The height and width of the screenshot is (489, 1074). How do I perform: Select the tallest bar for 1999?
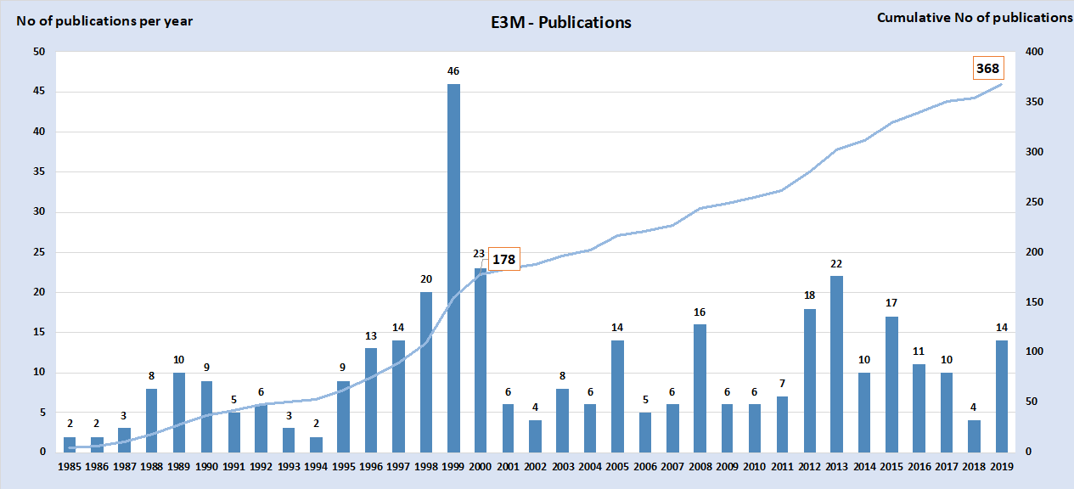click(x=453, y=267)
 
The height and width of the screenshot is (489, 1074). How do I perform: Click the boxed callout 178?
click(x=503, y=259)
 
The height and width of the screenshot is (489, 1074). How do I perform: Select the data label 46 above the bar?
click(x=453, y=70)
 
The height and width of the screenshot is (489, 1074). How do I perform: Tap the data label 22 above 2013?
click(x=836, y=263)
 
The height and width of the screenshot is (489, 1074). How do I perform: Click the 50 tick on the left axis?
click(x=39, y=52)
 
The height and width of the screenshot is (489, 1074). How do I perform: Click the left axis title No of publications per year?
click(x=104, y=20)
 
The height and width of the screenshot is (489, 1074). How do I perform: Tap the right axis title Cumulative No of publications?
click(x=975, y=18)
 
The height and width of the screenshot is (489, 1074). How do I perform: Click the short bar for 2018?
click(x=974, y=436)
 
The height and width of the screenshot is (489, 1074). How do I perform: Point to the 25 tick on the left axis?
click(x=39, y=252)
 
